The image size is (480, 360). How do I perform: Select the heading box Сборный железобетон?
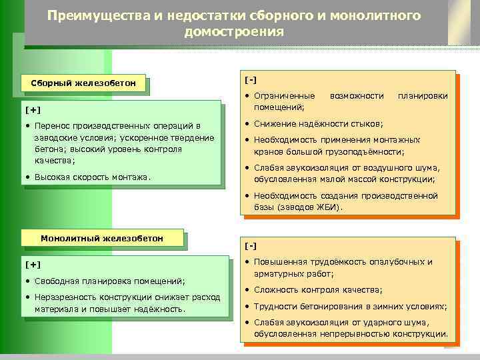coord(84,83)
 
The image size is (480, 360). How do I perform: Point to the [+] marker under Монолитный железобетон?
coord(32,264)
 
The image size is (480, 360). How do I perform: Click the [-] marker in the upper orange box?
coord(251,80)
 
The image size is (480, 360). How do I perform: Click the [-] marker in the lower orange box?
coord(251,246)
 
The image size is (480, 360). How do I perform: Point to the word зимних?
coord(371,306)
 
